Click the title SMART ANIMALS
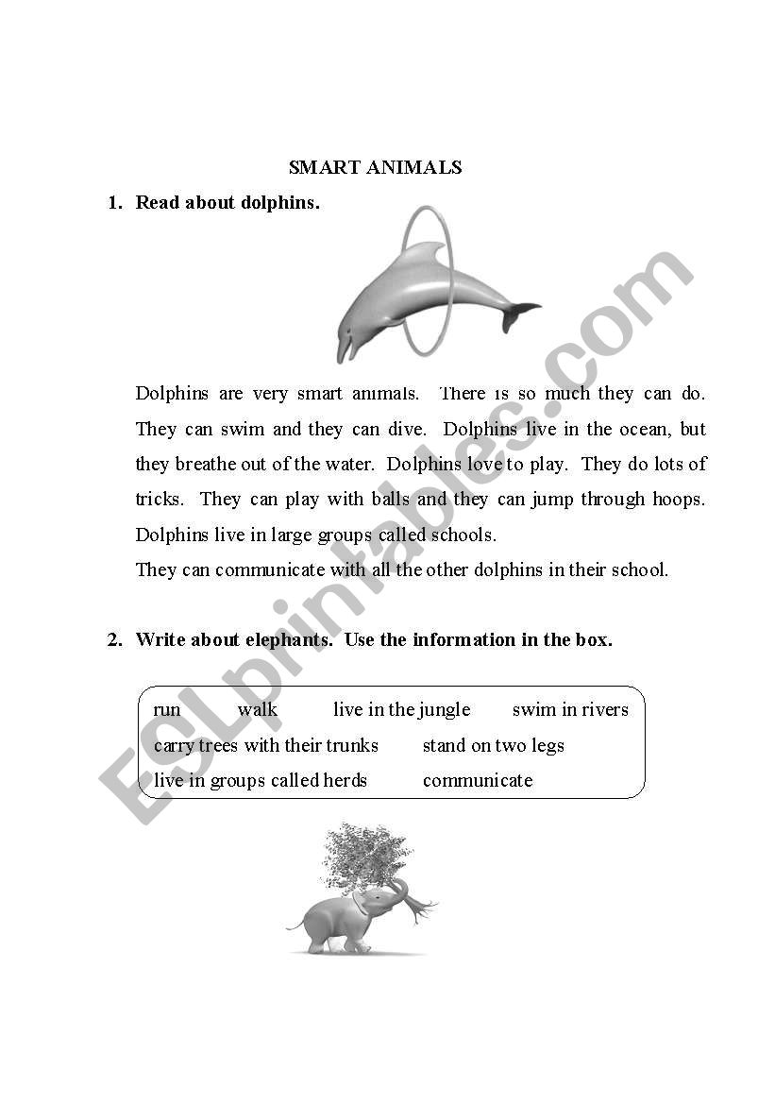375,168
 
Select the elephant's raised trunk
396,892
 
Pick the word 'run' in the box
166,710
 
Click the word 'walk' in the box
257,710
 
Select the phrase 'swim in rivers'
570,710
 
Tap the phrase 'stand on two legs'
493,746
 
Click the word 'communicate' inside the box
478,781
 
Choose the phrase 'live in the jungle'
401,710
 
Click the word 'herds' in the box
345,781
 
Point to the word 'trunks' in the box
351,746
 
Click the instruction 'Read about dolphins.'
227,203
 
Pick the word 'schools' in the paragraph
463,535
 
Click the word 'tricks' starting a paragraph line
160,500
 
